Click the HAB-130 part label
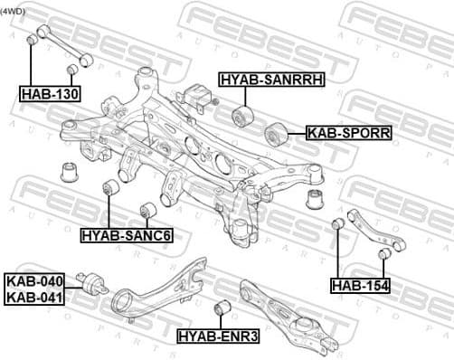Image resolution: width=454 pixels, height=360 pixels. [x=52, y=92]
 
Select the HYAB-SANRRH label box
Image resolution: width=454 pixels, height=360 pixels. [x=270, y=80]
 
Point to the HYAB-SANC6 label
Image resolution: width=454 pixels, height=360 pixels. [x=127, y=235]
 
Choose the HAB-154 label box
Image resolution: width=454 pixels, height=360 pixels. [x=360, y=286]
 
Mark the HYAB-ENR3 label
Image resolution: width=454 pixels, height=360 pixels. [x=218, y=336]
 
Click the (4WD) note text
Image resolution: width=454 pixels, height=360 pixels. [x=14, y=11]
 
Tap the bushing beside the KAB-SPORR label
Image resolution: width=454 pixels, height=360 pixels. [x=276, y=136]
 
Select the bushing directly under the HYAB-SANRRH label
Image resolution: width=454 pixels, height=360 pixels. [x=241, y=116]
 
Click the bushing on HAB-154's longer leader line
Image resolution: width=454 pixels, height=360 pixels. [x=337, y=224]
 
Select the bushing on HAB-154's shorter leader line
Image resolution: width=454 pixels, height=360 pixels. [x=383, y=252]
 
